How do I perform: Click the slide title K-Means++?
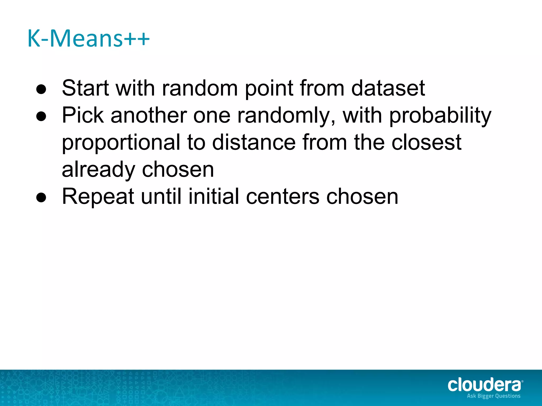(88, 39)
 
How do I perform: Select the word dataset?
(388, 88)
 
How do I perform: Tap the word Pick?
(83, 115)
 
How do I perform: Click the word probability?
(440, 116)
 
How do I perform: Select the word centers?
(283, 197)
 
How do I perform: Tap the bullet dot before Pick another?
(41, 117)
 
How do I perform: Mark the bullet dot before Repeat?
(41, 198)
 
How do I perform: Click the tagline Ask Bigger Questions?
(494, 396)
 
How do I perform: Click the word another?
(148, 115)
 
